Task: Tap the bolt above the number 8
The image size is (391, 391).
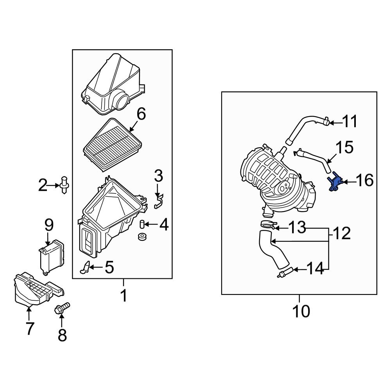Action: pyautogui.click(x=62, y=308)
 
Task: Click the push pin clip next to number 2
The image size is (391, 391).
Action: pyautogui.click(x=64, y=184)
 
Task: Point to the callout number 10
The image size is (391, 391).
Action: pyautogui.click(x=301, y=311)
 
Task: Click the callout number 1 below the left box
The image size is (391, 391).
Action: pyautogui.click(x=123, y=296)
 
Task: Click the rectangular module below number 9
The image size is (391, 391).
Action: pyautogui.click(x=52, y=257)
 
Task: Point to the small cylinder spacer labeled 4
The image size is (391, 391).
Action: pyautogui.click(x=143, y=224)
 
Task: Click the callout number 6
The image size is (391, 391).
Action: pyautogui.click(x=141, y=114)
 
